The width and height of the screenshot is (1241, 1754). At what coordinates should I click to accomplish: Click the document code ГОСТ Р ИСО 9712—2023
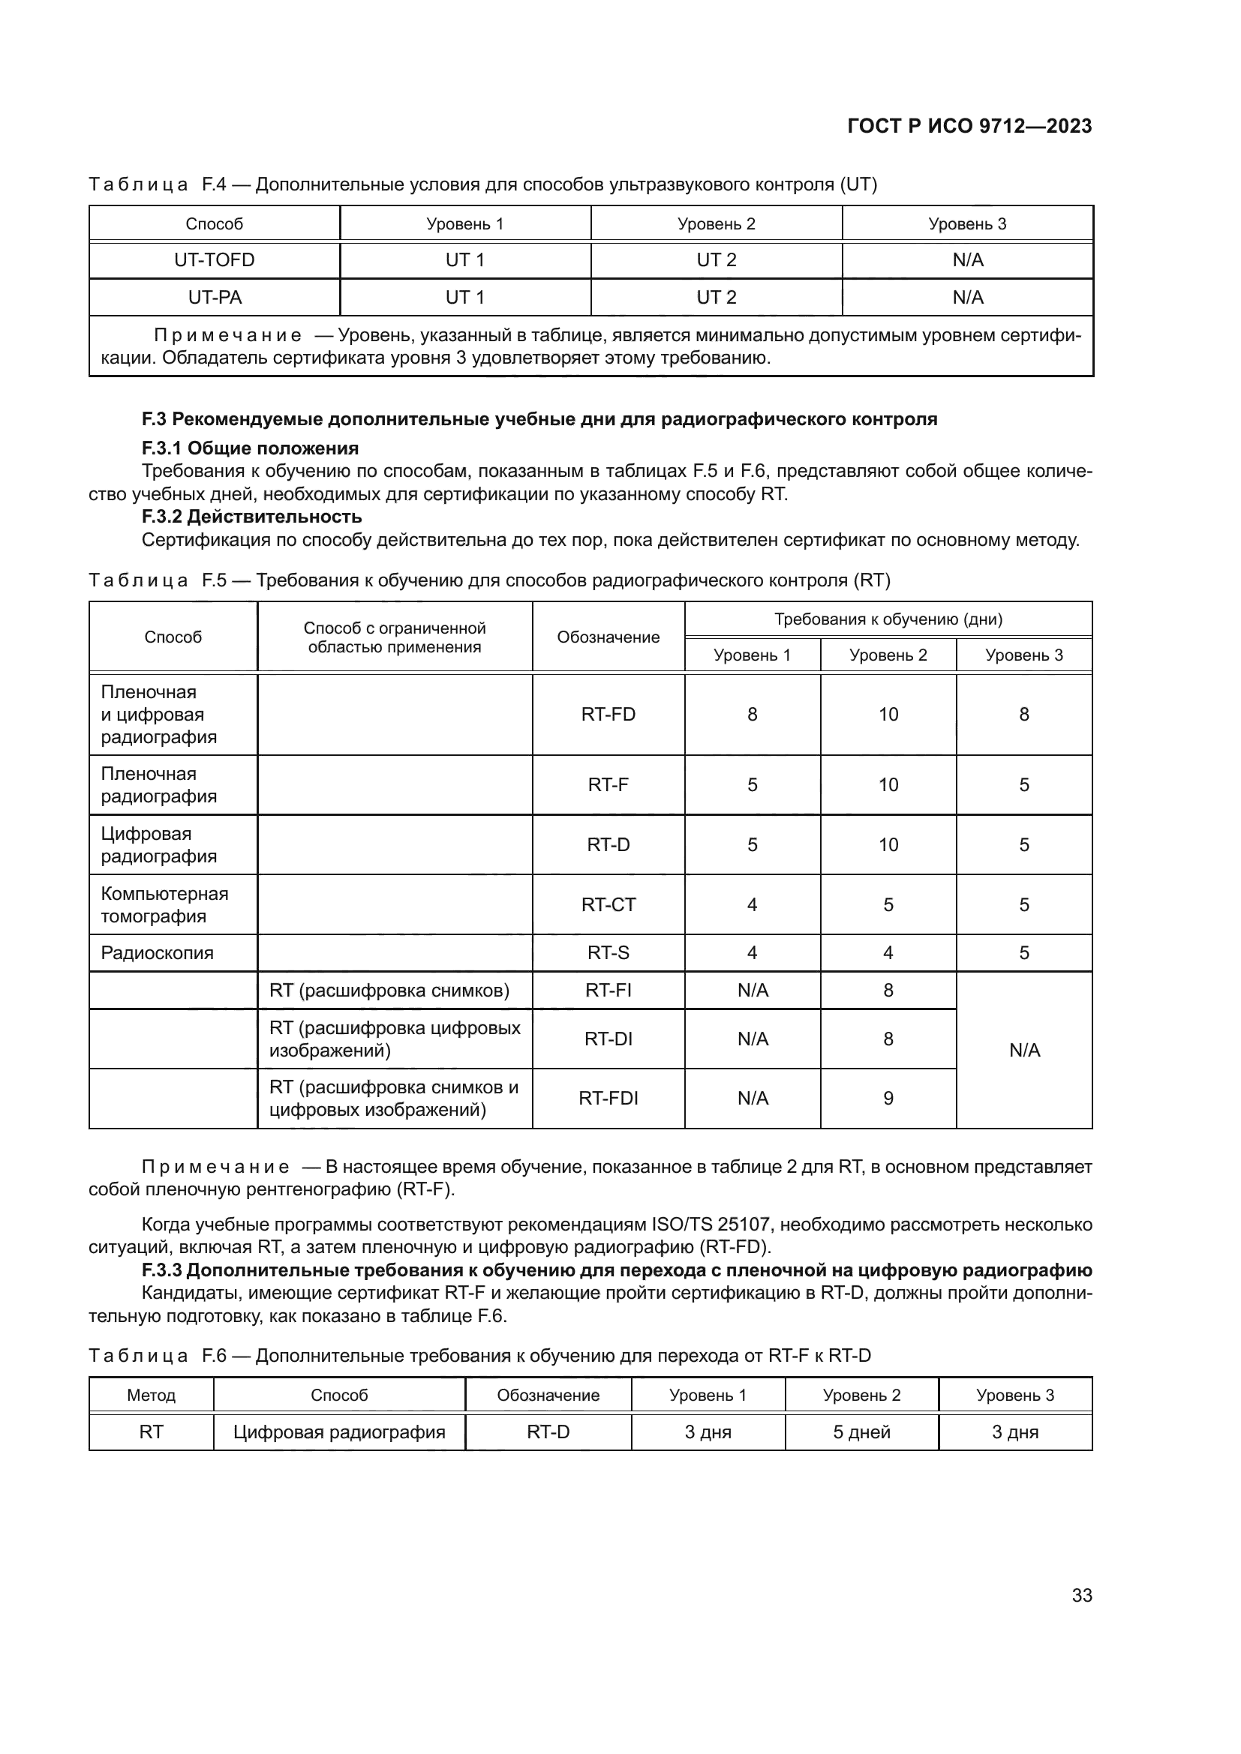click(969, 126)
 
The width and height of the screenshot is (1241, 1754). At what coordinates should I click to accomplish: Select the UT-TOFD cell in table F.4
click(214, 259)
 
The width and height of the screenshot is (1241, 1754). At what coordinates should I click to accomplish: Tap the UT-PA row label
click(214, 297)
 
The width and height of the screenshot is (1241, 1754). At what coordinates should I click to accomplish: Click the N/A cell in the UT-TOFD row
click(967, 259)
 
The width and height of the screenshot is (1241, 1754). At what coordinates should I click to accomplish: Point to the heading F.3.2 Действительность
click(251, 517)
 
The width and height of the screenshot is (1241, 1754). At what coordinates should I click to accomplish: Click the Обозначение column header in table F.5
click(608, 637)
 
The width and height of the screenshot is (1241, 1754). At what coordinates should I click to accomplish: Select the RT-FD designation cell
click(608, 715)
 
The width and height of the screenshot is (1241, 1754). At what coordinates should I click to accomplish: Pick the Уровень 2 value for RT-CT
click(888, 904)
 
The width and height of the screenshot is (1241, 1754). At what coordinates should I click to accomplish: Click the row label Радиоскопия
click(158, 952)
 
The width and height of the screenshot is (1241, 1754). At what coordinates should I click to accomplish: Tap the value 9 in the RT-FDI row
click(888, 1098)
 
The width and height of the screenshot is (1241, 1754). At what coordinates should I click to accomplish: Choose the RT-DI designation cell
click(608, 1039)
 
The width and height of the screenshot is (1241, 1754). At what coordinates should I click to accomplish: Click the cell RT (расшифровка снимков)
click(389, 991)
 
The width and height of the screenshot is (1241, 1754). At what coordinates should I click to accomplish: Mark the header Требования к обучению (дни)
click(888, 619)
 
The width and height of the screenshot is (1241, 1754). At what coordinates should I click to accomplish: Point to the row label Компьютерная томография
click(164, 904)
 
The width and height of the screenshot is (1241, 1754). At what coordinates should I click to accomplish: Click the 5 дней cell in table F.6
click(861, 1432)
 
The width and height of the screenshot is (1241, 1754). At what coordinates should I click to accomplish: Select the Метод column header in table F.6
click(152, 1395)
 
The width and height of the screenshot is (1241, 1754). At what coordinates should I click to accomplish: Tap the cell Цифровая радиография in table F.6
click(339, 1432)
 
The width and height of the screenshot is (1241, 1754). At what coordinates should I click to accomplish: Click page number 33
click(1081, 1595)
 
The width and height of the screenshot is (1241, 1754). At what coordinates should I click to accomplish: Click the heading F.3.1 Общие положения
click(250, 448)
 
